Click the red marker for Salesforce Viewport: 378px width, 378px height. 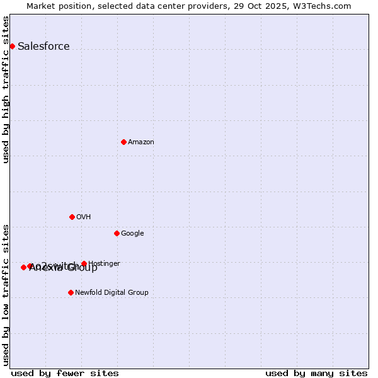12,46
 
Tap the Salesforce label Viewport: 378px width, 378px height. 43,46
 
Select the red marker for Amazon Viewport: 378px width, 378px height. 123,142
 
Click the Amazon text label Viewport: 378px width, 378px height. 141,142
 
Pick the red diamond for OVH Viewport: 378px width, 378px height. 72,217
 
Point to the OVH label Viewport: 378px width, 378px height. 84,217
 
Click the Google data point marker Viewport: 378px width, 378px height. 117,233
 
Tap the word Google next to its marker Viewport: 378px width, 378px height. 132,233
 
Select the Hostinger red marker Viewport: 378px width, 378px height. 84,263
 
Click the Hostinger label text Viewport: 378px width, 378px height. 104,263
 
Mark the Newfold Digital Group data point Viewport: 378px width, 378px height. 71,292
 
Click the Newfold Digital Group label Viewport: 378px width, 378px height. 112,292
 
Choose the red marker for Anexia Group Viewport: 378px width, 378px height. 23,267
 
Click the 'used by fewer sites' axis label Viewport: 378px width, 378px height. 65,373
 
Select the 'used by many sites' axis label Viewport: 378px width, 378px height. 316,373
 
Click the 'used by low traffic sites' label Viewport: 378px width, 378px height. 6,294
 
